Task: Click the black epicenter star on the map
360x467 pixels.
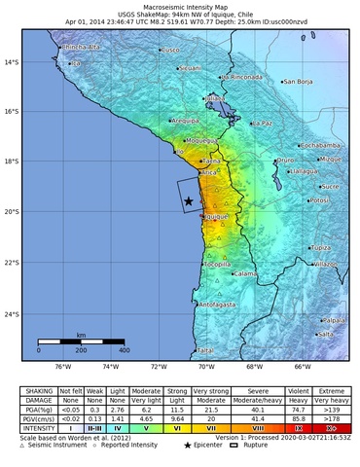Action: pos(188,201)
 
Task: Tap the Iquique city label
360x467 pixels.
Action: pos(216,217)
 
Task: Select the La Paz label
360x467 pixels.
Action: pos(262,124)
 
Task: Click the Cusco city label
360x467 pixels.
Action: pos(172,49)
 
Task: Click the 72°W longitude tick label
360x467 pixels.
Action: pos(158,367)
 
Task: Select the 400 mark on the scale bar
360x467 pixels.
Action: pos(124,349)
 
